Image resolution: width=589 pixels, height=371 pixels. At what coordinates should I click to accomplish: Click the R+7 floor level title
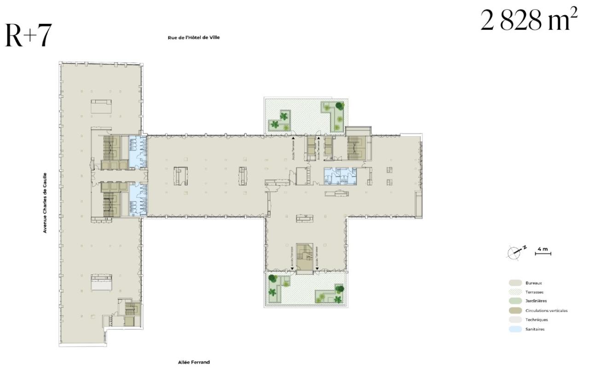(28, 36)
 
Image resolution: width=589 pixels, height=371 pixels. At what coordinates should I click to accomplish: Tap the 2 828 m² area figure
(528, 21)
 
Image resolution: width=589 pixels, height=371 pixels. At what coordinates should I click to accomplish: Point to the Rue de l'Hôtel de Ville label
(194, 38)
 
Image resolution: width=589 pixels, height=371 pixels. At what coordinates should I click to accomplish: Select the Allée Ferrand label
(194, 362)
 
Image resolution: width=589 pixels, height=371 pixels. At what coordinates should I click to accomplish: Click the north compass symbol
(515, 251)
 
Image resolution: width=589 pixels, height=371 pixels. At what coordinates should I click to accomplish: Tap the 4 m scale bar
(543, 251)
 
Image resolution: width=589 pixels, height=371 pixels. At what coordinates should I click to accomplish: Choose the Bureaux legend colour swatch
(515, 283)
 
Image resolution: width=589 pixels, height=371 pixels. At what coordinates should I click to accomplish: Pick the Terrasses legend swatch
(515, 292)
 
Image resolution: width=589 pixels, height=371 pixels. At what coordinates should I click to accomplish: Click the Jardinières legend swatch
(515, 301)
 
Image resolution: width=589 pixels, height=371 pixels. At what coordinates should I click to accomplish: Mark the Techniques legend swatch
(515, 319)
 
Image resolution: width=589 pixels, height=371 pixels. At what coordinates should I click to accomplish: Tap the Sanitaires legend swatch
(515, 329)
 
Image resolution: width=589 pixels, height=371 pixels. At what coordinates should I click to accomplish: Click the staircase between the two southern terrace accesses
(304, 258)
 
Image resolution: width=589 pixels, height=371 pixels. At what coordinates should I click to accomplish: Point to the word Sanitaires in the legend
(535, 329)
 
